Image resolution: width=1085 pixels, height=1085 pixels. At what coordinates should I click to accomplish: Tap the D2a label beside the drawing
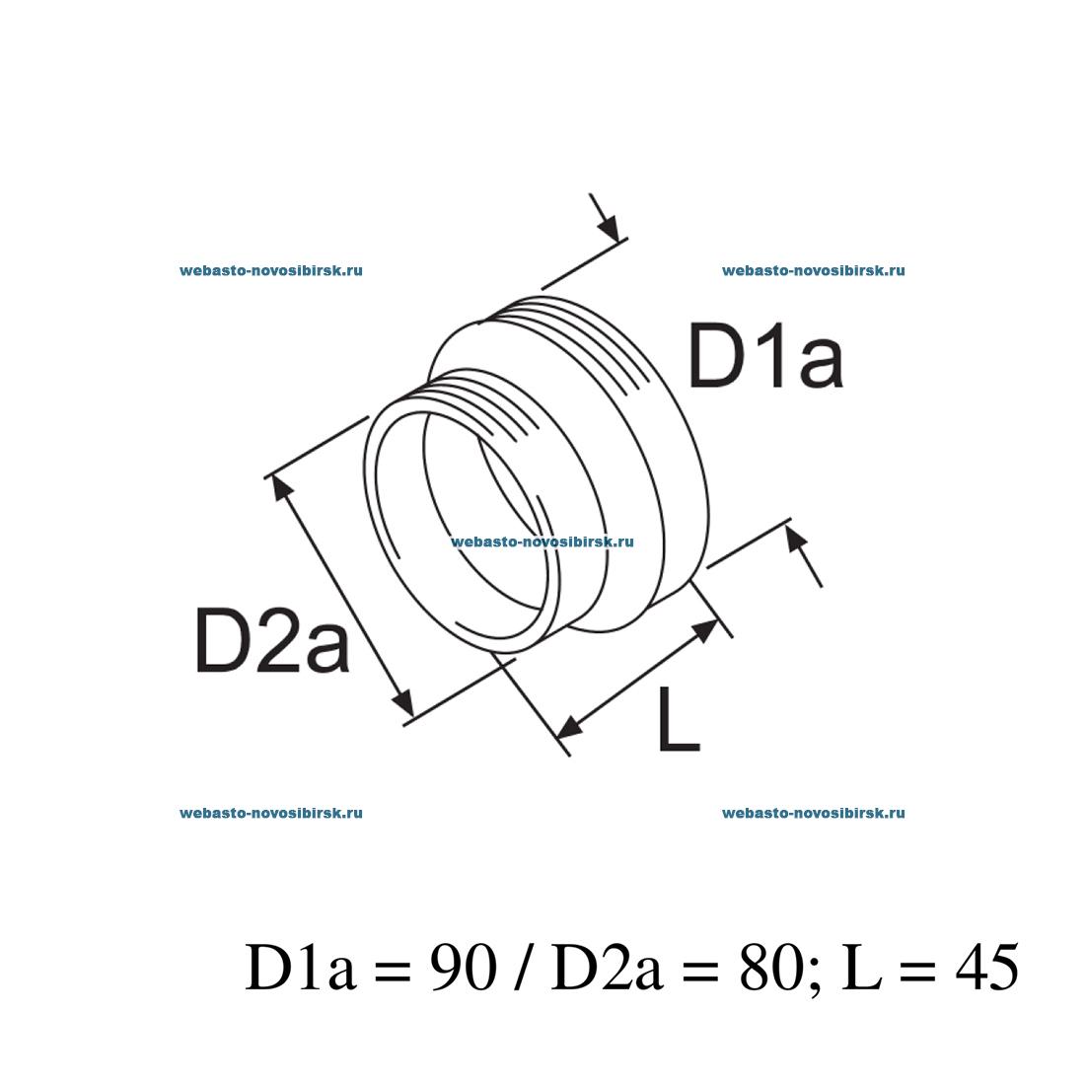coord(272,641)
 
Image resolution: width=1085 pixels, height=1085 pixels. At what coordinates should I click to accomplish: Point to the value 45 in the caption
coord(985,969)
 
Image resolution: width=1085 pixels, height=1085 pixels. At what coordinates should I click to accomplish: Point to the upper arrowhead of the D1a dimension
coord(612,229)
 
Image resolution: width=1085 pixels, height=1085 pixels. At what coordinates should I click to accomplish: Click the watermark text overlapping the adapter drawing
coord(542,542)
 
